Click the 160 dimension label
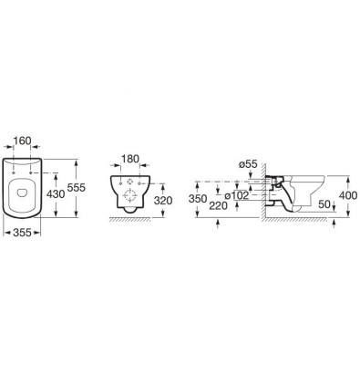pyautogui.click(x=23, y=141)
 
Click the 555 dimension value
pyautogui.click(x=77, y=188)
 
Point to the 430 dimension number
pyautogui.click(x=56, y=193)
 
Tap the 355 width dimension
pyautogui.click(x=22, y=233)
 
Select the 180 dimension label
pyautogui.click(x=130, y=159)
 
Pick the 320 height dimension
pyautogui.click(x=163, y=201)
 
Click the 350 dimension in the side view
pyautogui.click(x=198, y=199)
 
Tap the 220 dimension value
pyautogui.click(x=218, y=206)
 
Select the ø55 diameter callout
pyautogui.click(x=248, y=164)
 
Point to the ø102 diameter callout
pyautogui.click(x=237, y=195)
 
